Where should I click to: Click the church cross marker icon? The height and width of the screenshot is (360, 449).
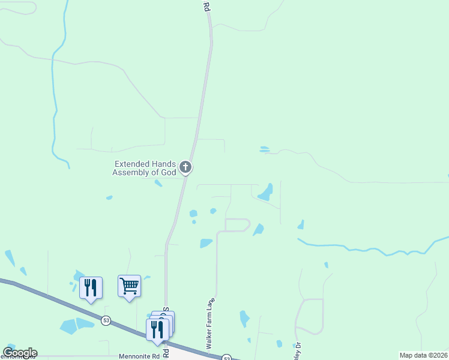pyautogui.click(x=186, y=167)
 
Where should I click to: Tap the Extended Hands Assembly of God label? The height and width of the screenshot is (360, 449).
pyautogui.click(x=145, y=168)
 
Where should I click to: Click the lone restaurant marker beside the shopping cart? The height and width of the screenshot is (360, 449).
pyautogui.click(x=91, y=287)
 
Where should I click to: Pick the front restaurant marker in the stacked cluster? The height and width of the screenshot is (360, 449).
pyautogui.click(x=157, y=329)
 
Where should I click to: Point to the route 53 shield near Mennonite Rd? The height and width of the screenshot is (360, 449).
pyautogui.click(x=106, y=319)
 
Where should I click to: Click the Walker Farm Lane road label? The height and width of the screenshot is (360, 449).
pyautogui.click(x=210, y=324)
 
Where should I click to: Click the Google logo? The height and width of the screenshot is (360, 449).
pyautogui.click(x=20, y=353)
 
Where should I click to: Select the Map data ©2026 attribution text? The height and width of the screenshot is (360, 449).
pyautogui.click(x=423, y=355)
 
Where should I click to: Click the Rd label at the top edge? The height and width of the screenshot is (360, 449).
pyautogui.click(x=206, y=7)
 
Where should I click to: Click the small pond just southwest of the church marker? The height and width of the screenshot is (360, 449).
pyautogui.click(x=158, y=183)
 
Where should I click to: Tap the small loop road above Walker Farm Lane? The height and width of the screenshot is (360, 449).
pyautogui.click(x=237, y=225)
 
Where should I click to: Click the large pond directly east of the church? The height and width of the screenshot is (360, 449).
pyautogui.click(x=265, y=193)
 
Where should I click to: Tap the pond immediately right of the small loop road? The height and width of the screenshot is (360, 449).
pyautogui.click(x=258, y=230)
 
